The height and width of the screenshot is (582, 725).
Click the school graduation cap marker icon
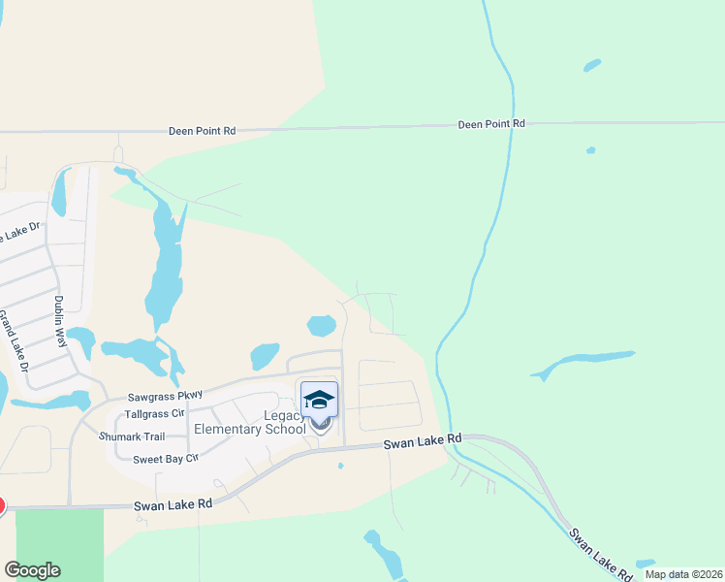[320, 399]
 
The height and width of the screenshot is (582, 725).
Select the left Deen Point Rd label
[202, 130]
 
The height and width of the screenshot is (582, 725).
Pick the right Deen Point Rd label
[491, 124]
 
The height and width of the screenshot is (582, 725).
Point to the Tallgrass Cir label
[149, 414]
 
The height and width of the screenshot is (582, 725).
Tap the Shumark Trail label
[132, 436]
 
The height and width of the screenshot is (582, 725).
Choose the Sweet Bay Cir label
[165, 458]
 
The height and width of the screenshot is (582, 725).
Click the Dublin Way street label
[60, 322]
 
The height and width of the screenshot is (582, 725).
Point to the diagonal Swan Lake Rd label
[594, 553]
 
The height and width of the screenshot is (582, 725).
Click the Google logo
[32, 570]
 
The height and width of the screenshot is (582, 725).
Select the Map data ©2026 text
[683, 574]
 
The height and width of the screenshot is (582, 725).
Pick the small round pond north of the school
[321, 325]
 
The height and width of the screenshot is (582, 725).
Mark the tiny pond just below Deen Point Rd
[590, 150]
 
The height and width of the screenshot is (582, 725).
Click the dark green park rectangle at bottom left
[59, 543]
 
